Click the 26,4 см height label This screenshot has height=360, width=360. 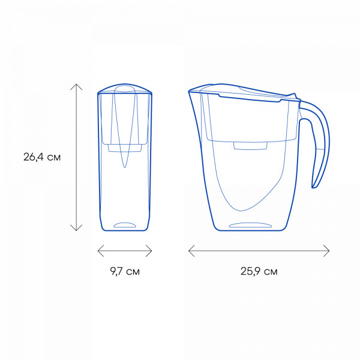pyautogui.click(x=42, y=157)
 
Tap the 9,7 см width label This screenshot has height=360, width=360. pyautogui.click(x=125, y=271)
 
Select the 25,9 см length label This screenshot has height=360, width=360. pyautogui.click(x=259, y=271)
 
